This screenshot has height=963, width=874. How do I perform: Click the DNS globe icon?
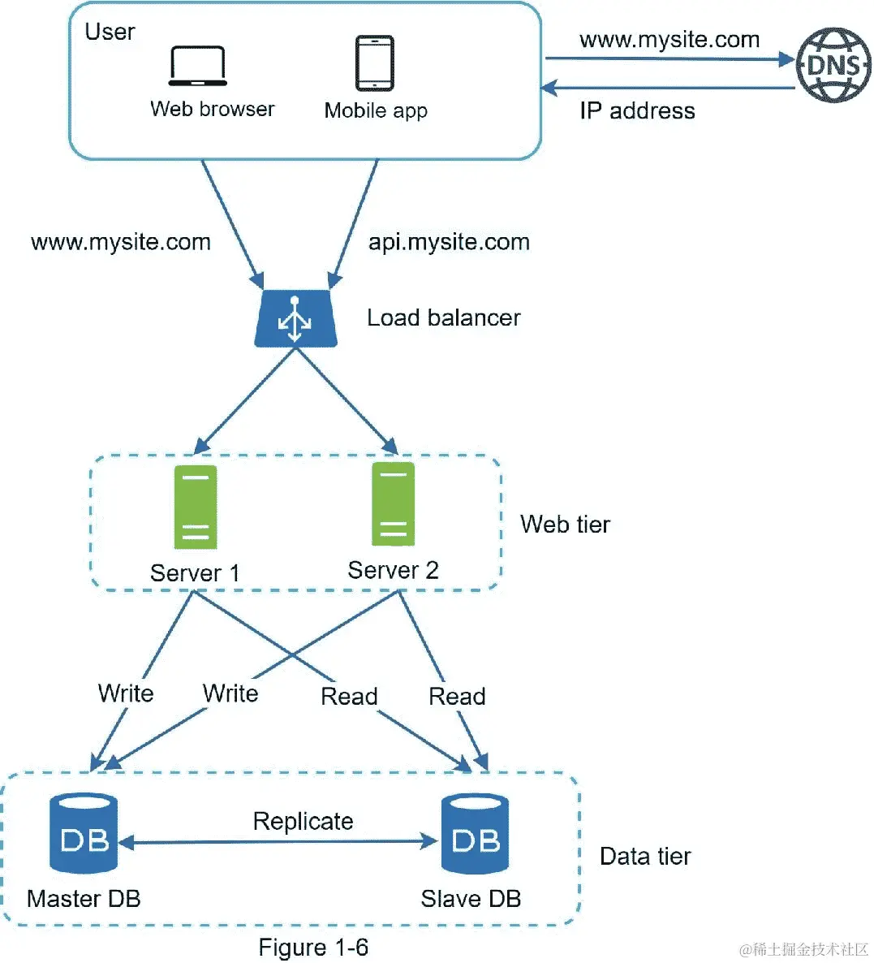pyautogui.click(x=833, y=65)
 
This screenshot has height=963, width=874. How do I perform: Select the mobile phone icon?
pyautogui.click(x=375, y=63)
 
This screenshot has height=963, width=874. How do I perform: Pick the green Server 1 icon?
pyautogui.click(x=196, y=507)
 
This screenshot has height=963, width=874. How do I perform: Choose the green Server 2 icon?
pyautogui.click(x=394, y=504)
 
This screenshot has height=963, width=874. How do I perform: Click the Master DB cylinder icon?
pyautogui.click(x=84, y=833)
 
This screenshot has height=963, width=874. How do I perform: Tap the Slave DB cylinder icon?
pyautogui.click(x=475, y=833)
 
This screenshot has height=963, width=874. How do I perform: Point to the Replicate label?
pyautogui.click(x=303, y=821)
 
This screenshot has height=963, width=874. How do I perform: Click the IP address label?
pyautogui.click(x=637, y=111)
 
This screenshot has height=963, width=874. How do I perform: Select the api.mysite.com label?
pyautogui.click(x=449, y=242)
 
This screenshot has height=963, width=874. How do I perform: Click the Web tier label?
pyautogui.click(x=565, y=525)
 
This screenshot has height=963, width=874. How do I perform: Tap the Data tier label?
pyautogui.click(x=645, y=857)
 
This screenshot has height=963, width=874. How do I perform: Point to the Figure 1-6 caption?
pyautogui.click(x=313, y=948)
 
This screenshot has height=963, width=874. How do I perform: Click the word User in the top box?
pyautogui.click(x=110, y=32)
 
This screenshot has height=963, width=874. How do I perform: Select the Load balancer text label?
pyautogui.click(x=443, y=317)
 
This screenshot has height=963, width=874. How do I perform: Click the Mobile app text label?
pyautogui.click(x=376, y=110)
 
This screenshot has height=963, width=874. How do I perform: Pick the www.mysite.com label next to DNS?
pyautogui.click(x=669, y=40)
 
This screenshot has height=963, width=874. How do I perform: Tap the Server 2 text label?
pyautogui.click(x=393, y=570)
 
